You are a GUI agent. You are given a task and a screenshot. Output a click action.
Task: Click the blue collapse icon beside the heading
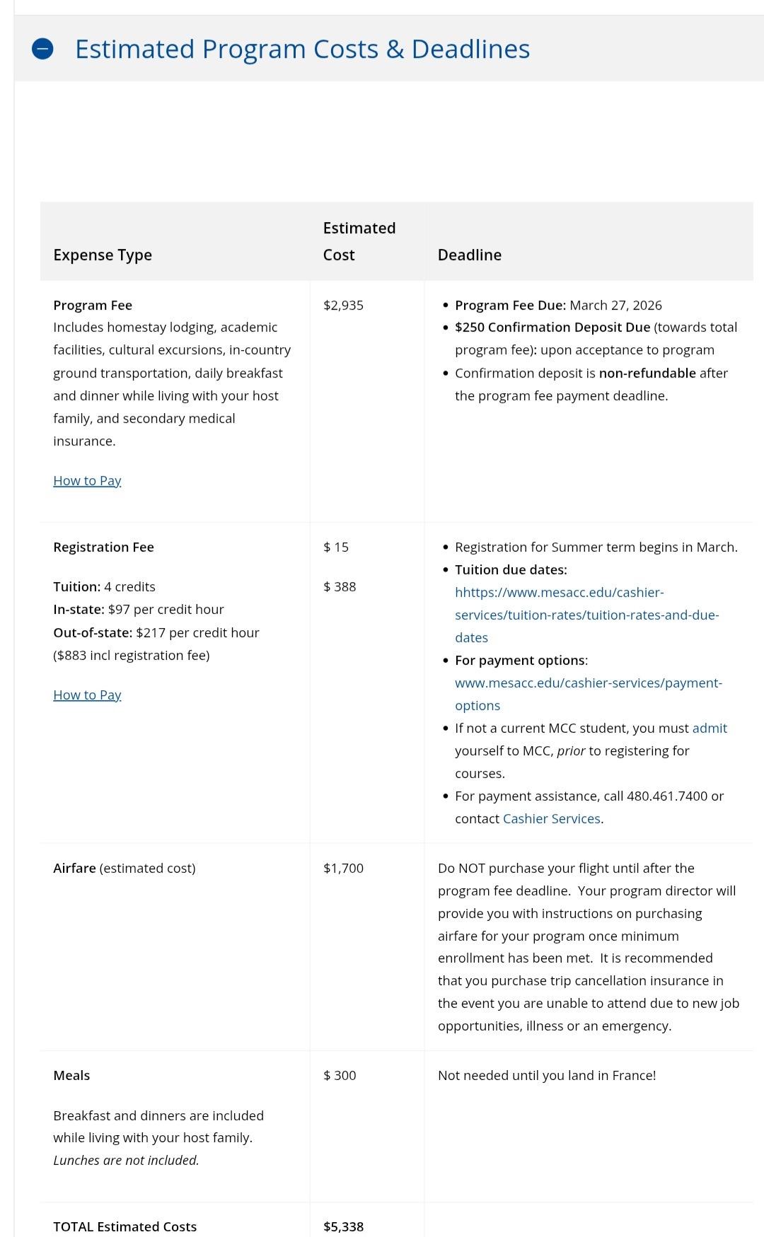42,49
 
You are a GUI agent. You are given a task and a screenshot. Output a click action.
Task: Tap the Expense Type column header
103,255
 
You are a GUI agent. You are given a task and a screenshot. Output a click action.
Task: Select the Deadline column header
469,255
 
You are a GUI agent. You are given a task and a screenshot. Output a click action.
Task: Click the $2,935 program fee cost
343,305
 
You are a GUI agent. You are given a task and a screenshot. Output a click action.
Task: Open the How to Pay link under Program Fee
87,481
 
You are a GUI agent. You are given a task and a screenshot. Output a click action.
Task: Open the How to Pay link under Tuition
87,695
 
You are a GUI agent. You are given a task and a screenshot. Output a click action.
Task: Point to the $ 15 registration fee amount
336,547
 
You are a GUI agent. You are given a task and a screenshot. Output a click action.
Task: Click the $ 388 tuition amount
340,586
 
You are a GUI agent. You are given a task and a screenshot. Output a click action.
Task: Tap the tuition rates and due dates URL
586,615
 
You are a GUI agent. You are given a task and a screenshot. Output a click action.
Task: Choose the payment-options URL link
588,683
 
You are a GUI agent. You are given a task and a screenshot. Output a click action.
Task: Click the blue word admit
710,728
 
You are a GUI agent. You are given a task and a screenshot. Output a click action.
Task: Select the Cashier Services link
551,818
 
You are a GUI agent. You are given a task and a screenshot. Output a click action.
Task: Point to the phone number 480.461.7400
666,796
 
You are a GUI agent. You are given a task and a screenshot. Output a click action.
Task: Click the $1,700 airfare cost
343,868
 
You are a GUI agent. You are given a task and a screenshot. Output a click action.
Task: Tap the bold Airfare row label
74,868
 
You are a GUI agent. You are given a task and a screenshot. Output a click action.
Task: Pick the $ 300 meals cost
340,1075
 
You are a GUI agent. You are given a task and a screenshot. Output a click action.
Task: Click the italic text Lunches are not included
126,1160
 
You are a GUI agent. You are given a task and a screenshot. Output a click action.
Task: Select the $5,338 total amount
343,1226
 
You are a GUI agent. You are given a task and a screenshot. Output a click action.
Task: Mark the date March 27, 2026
615,305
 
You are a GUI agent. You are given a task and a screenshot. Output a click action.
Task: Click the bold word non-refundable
647,373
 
